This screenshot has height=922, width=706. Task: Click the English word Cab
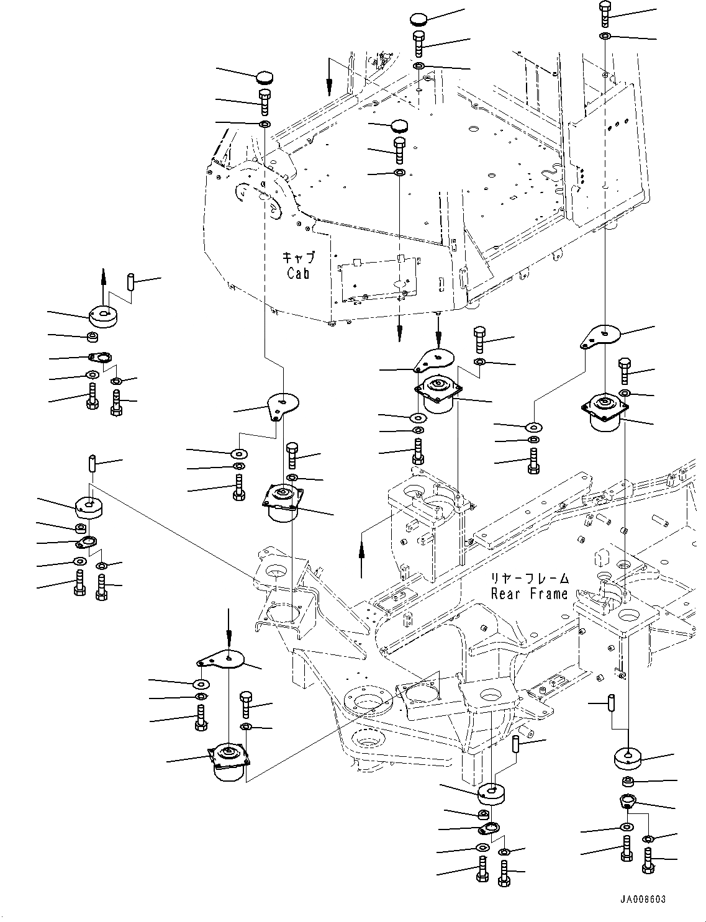pos(298,273)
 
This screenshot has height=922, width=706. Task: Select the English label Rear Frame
pos(529,594)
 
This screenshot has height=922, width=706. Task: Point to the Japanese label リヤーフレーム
pos(529,579)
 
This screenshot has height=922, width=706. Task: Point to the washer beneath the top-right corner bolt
pos(605,36)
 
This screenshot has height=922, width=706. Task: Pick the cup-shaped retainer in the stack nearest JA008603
pos(627,801)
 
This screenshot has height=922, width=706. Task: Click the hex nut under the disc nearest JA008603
pos(628,780)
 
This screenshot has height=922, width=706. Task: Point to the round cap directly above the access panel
pos(399,126)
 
